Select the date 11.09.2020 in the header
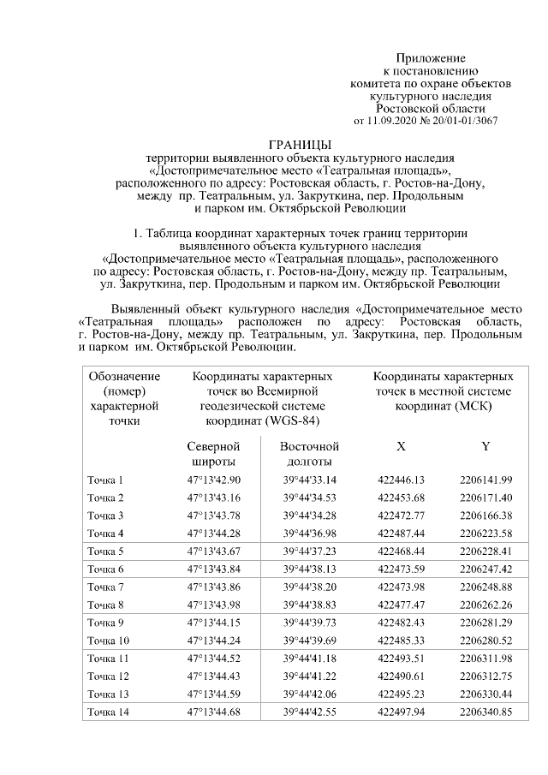click(395, 121)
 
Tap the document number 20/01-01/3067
click(462, 121)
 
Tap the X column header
click(401, 446)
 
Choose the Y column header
click(485, 446)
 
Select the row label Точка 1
click(106, 480)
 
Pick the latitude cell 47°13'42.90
click(214, 480)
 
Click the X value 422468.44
click(402, 551)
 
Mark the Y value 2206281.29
click(485, 622)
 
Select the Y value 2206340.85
click(485, 712)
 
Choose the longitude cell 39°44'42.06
click(310, 694)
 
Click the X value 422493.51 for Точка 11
click(402, 658)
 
